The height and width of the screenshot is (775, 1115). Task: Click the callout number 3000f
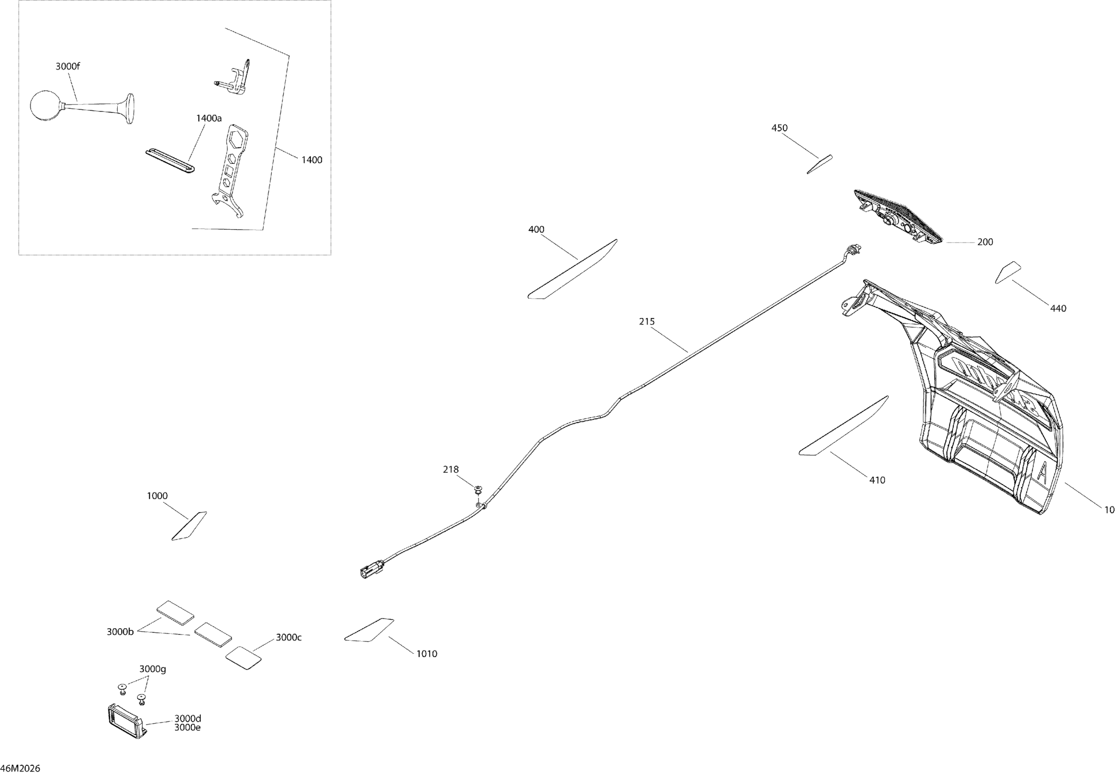tap(67, 67)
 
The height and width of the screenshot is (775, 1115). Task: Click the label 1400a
tap(209, 118)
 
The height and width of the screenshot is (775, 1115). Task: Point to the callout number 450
tap(779, 128)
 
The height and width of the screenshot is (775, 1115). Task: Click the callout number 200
tap(985, 242)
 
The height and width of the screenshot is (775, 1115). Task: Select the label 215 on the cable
tap(647, 321)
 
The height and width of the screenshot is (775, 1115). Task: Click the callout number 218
tap(451, 470)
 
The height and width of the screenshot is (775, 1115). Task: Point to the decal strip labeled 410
tap(844, 426)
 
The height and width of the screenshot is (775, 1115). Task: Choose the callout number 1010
tap(427, 654)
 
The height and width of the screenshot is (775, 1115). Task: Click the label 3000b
tap(120, 632)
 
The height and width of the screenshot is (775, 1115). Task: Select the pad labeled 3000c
tap(244, 657)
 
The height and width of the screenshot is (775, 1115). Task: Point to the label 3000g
tap(152, 669)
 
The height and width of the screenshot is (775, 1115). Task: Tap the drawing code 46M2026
tap(21, 768)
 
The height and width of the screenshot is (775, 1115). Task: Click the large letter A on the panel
tap(1041, 471)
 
